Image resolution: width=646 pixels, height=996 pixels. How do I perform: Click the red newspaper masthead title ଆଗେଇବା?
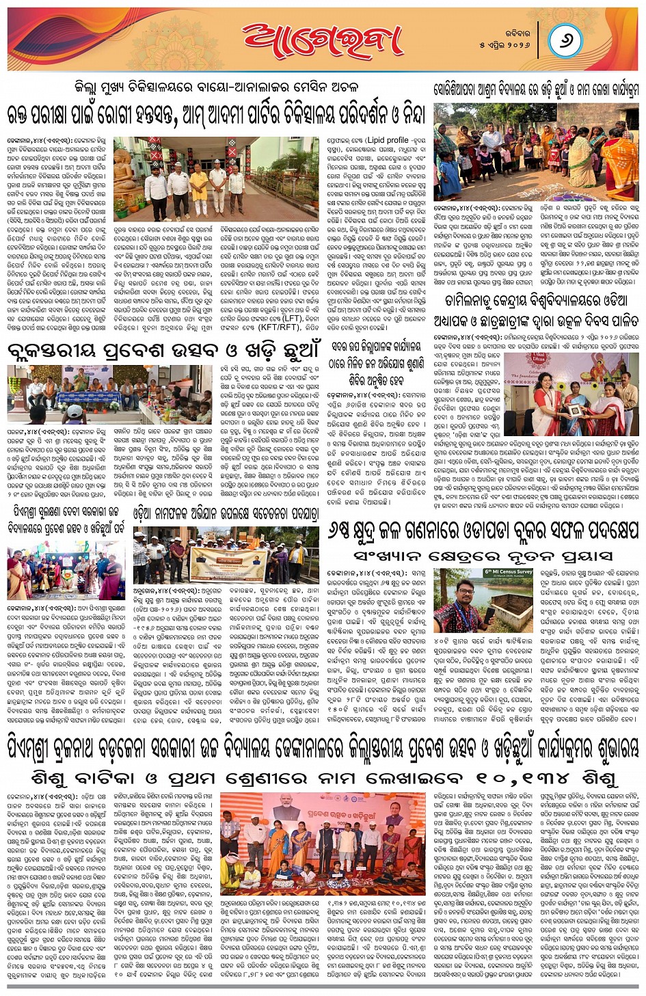[321, 39]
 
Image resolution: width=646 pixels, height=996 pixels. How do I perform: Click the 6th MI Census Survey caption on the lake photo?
[507, 571]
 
